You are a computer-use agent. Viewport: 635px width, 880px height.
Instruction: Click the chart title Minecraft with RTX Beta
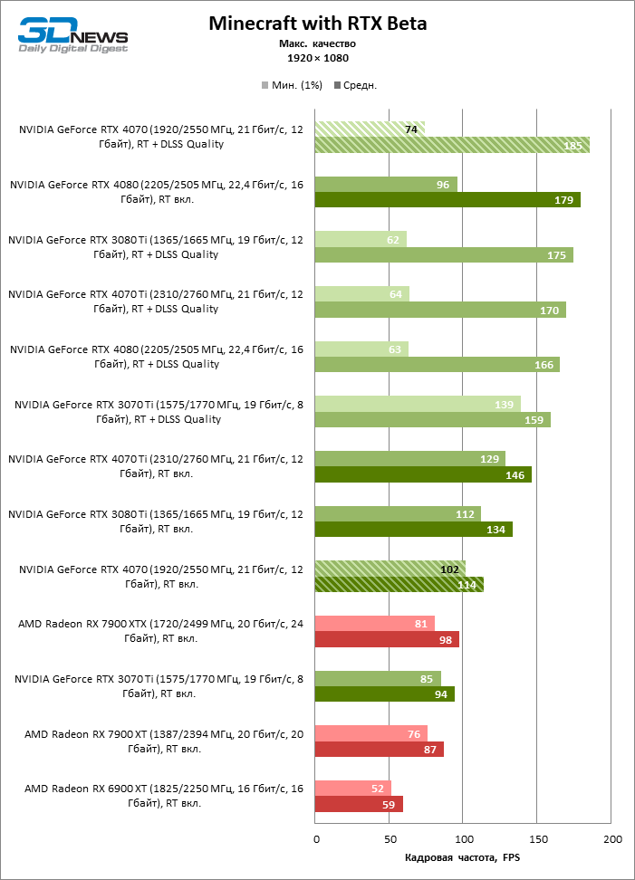317,24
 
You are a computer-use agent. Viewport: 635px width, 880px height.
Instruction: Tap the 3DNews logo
73,36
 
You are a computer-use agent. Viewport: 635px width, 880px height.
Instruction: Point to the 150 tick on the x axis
537,840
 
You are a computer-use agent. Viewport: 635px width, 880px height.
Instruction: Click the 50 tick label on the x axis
389,840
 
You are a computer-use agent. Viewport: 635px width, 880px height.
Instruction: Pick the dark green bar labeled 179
447,200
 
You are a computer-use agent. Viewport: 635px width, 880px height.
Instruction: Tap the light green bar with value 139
417,404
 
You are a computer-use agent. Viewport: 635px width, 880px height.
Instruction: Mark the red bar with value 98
387,639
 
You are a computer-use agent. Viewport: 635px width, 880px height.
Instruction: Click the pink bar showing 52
352,788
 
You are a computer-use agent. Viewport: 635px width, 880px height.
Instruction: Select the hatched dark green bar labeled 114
399,584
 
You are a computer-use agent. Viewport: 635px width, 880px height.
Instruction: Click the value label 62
391,239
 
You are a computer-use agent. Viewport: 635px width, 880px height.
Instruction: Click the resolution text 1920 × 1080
317,58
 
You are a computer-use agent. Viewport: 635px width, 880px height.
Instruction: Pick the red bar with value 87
379,749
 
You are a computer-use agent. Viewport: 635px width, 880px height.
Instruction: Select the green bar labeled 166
437,365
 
